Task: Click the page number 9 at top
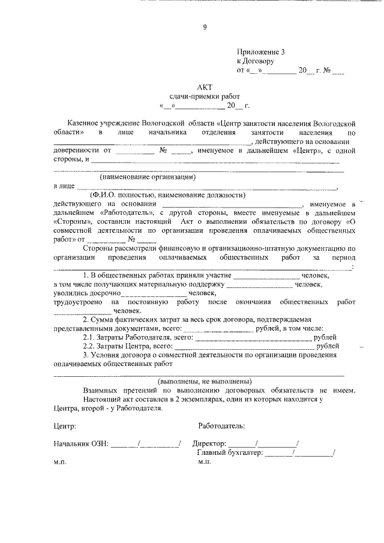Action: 204,26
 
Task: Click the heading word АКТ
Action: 204,86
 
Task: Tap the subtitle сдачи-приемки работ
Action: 204,97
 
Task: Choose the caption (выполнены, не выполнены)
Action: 204,382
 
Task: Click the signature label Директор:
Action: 209,444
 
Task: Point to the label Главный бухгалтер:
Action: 229,453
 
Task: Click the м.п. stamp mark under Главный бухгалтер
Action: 205,462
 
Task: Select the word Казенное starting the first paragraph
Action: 100,121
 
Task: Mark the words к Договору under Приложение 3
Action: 256,61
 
